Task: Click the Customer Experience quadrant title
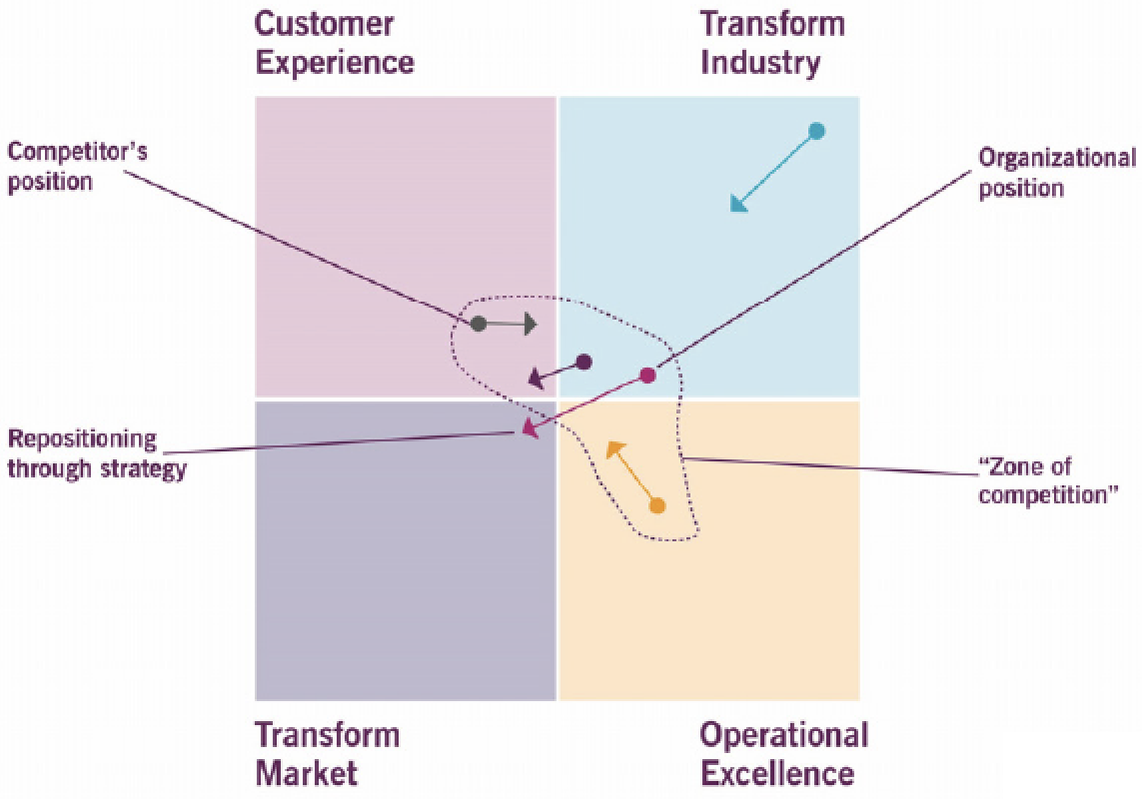click(334, 43)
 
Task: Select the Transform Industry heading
click(772, 43)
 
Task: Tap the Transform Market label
click(328, 754)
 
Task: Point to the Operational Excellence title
click(783, 754)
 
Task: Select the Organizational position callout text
click(1056, 172)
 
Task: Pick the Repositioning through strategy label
click(97, 454)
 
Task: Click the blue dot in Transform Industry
click(816, 130)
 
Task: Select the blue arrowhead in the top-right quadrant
click(739, 203)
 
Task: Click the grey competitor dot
click(479, 323)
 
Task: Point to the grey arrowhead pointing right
click(530, 323)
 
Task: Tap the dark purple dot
click(584, 362)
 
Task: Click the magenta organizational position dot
click(647, 376)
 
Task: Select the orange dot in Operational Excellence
click(656, 505)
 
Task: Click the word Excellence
click(777, 773)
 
